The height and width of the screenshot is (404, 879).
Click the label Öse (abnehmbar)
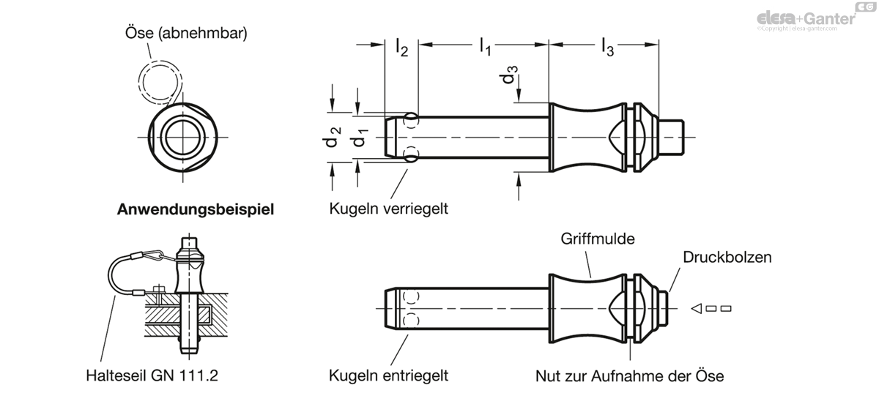click(186, 33)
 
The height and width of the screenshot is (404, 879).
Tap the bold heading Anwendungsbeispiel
click(196, 209)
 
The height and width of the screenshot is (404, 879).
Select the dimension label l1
click(485, 47)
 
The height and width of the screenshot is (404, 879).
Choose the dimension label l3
click(607, 48)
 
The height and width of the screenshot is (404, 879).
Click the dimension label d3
click(508, 75)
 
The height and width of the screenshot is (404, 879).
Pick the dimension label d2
click(332, 138)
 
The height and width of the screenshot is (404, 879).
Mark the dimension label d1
click(360, 138)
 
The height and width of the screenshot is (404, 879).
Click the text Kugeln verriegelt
click(388, 209)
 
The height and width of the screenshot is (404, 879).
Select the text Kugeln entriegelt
click(388, 375)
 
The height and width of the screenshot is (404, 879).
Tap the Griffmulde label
click(598, 239)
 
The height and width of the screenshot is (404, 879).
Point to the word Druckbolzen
click(727, 258)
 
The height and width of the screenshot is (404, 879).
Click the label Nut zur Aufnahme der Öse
click(629, 376)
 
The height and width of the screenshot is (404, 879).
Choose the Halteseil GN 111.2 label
click(152, 375)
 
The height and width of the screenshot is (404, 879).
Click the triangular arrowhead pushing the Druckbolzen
click(697, 309)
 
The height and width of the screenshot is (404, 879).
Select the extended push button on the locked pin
click(671, 138)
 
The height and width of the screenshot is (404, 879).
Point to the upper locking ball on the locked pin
click(411, 121)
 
